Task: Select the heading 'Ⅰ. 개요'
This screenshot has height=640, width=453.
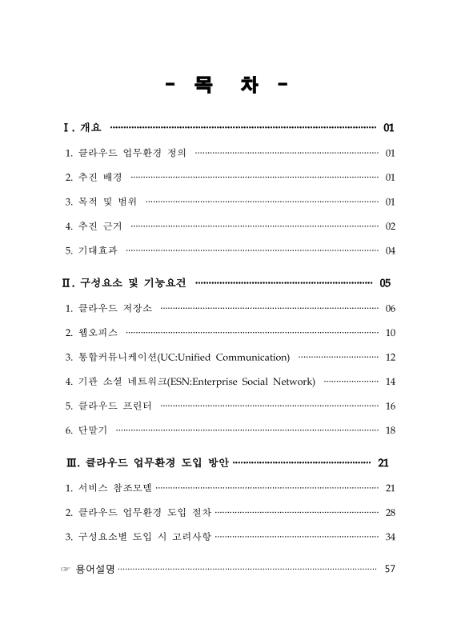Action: (82, 127)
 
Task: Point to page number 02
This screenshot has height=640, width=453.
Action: (390, 226)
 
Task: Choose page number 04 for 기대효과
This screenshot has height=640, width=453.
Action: (390, 251)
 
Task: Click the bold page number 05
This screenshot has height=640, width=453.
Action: (385, 283)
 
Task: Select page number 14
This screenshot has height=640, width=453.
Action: (390, 382)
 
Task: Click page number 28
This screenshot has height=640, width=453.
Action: (390, 512)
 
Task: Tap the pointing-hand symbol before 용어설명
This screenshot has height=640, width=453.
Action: (65, 569)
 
